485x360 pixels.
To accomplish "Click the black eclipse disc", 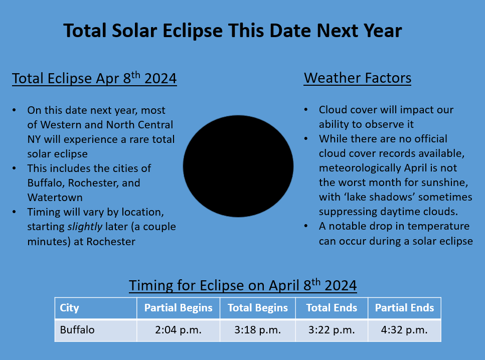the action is [x=238, y=166].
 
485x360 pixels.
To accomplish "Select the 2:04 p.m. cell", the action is [x=178, y=330].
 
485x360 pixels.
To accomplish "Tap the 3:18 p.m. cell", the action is [x=258, y=330].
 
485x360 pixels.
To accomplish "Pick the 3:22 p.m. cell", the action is [x=332, y=330].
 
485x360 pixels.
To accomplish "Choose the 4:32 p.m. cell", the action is [x=404, y=330].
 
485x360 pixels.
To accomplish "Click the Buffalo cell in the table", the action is [x=96, y=330].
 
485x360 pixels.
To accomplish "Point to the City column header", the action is [x=96, y=308].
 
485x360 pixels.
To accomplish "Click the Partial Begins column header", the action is [x=178, y=308].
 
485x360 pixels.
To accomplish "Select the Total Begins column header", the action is [x=258, y=308].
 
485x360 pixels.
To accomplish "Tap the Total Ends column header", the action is [x=332, y=308].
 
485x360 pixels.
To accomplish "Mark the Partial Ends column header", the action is [x=404, y=308].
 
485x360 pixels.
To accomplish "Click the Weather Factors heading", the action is [x=358, y=78].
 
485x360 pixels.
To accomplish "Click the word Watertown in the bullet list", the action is [x=55, y=198].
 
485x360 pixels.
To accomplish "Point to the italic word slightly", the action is [x=85, y=227].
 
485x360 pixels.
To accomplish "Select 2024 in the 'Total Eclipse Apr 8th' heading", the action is [x=160, y=78].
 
